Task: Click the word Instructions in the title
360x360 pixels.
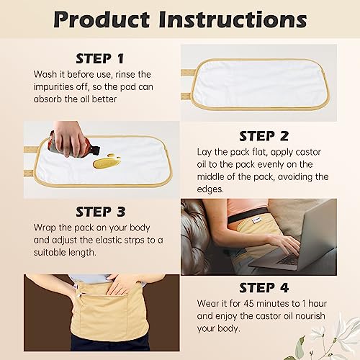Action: click(239, 20)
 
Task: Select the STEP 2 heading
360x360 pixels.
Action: click(263, 135)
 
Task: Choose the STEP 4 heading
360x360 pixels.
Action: click(263, 289)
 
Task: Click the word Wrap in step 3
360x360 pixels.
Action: click(47, 228)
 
